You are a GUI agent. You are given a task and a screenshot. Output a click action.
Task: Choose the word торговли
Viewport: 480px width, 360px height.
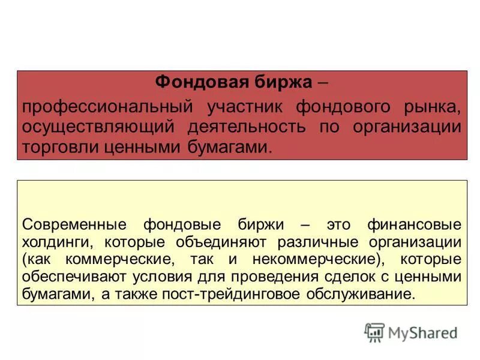point(56,146)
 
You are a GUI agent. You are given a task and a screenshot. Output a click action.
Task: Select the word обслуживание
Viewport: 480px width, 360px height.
point(369,295)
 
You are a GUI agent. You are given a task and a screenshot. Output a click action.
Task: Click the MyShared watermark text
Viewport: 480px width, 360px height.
point(422,332)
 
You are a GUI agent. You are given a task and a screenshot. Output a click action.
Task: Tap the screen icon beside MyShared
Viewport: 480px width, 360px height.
point(374,332)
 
